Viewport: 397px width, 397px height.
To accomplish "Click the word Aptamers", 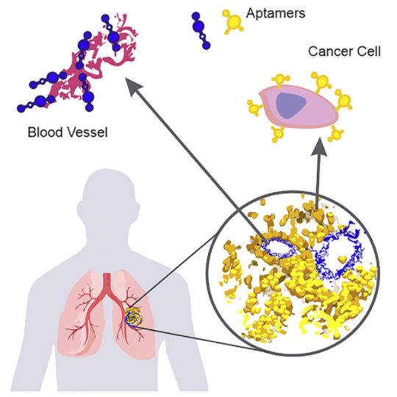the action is click(x=276, y=13).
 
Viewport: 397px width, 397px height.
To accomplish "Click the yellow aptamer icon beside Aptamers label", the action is click(x=233, y=22).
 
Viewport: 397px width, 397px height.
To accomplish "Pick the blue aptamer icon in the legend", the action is click(x=201, y=30).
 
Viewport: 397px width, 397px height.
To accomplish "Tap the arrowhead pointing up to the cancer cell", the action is click(x=319, y=147).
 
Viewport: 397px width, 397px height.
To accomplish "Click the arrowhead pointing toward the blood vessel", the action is click(x=133, y=87).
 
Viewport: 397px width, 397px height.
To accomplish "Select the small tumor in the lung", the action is click(x=134, y=317).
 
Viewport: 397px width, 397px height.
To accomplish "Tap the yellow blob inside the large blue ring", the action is click(x=343, y=259).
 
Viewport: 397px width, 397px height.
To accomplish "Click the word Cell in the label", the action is click(x=369, y=51).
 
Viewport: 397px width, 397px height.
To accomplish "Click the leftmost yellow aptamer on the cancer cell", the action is click(x=255, y=107).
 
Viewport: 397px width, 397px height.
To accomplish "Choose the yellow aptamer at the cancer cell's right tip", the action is click(x=343, y=100).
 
